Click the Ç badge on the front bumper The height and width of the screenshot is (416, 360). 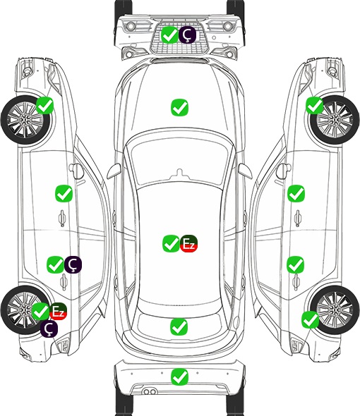[x=187, y=35]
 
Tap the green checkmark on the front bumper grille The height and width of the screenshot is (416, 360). [x=169, y=35]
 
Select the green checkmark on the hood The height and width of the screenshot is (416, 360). [x=180, y=107]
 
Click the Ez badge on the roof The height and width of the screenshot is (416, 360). [x=189, y=243]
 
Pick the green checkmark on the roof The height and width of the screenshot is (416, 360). [x=171, y=243]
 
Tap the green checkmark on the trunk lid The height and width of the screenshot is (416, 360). [x=179, y=327]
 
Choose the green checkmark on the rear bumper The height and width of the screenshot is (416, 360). [x=180, y=377]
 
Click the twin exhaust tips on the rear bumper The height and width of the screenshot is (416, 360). [x=150, y=391]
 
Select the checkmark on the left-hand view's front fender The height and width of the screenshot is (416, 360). [x=45, y=106]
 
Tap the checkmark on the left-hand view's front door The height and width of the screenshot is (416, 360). [x=64, y=193]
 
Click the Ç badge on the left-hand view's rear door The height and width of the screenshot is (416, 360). [x=73, y=264]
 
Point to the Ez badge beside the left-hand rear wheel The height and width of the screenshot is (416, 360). [x=58, y=311]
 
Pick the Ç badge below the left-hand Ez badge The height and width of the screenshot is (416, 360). [x=49, y=329]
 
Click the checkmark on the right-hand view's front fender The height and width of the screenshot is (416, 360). [x=315, y=105]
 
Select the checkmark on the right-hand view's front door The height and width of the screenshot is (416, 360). [x=296, y=193]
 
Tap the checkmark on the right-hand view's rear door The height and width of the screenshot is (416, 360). [x=295, y=264]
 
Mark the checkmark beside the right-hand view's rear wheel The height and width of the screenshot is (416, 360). [x=310, y=319]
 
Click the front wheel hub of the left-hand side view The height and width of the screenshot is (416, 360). [x=25, y=120]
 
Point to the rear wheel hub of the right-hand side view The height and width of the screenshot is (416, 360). [x=335, y=310]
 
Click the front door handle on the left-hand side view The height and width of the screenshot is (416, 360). [x=62, y=218]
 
